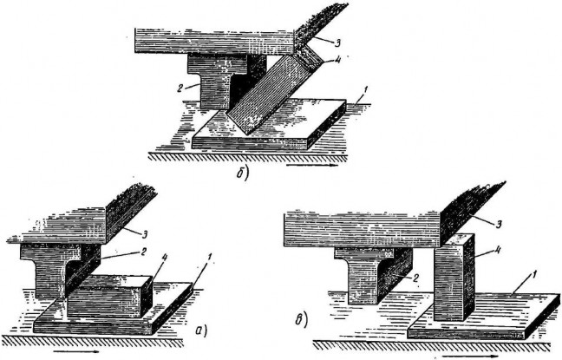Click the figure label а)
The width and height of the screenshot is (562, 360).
(x=201, y=331)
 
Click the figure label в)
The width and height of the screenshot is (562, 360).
(x=302, y=320)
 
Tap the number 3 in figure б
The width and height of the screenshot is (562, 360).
(x=337, y=43)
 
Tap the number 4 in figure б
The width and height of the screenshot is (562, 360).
(x=337, y=60)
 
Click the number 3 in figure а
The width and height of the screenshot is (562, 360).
(x=145, y=234)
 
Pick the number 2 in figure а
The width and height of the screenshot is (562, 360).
(x=142, y=252)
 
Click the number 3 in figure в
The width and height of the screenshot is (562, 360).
(x=499, y=225)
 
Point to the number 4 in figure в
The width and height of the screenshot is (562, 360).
(x=497, y=251)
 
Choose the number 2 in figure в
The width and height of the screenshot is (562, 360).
(x=415, y=278)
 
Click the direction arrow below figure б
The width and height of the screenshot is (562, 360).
(x=312, y=166)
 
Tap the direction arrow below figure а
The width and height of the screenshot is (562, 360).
(x=75, y=351)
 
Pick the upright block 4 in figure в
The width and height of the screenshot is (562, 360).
(x=454, y=277)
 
